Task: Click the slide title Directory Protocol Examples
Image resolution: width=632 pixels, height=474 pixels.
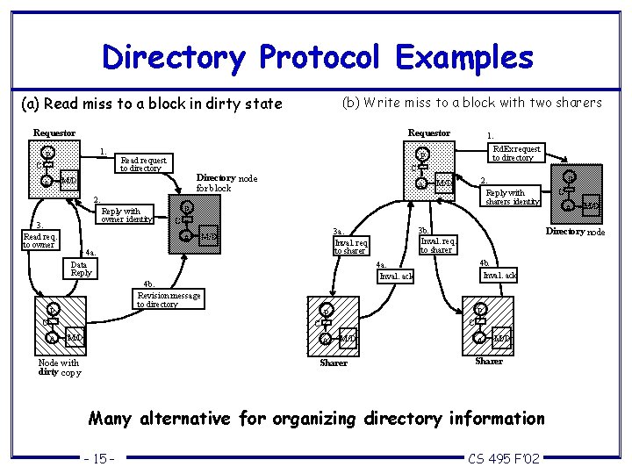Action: [x=317, y=57]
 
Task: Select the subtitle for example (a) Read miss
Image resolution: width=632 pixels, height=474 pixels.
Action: [x=151, y=104]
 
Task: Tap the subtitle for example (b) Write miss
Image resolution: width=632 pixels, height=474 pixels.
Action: [x=470, y=103]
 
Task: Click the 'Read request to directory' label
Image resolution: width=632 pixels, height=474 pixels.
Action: [x=143, y=164]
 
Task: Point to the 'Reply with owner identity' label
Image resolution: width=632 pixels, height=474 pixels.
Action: [x=128, y=215]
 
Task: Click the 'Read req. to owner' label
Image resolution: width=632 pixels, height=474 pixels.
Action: [x=40, y=241]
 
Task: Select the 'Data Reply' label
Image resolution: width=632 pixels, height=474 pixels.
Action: [x=81, y=269]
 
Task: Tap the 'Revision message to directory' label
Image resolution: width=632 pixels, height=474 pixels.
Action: [x=169, y=299]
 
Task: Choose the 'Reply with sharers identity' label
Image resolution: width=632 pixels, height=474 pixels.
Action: [x=513, y=197]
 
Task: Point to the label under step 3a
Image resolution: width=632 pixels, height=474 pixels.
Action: [x=350, y=247]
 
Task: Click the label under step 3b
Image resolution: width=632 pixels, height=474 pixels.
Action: [x=437, y=245]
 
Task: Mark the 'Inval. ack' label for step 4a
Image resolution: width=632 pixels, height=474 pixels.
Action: [x=395, y=276]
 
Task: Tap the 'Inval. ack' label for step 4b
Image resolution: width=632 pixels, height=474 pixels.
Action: [x=499, y=275]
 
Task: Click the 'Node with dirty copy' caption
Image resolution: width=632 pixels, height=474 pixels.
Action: [x=59, y=367]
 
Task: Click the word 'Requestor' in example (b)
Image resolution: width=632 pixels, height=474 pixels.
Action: [x=428, y=133]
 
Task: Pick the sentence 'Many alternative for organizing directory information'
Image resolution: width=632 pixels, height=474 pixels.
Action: [x=317, y=418]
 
